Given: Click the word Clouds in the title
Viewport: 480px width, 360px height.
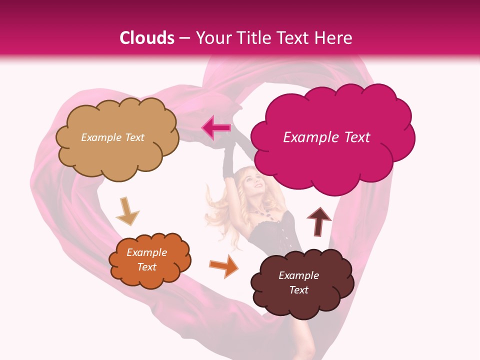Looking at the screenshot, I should tap(147, 38).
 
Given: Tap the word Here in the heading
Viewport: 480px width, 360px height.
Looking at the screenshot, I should tap(334, 38).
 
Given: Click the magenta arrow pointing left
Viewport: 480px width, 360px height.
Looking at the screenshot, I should tap(216, 128).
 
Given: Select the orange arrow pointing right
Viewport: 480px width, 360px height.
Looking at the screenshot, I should tap(223, 265).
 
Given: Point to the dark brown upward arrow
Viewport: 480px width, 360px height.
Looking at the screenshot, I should tap(318, 221).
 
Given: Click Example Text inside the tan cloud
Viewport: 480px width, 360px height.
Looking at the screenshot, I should tap(112, 137).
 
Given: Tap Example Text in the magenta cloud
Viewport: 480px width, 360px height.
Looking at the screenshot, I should tap(326, 137).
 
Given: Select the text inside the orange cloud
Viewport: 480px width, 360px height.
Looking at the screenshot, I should tap(146, 260).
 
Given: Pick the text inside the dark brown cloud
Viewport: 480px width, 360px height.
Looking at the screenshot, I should tap(298, 282).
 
